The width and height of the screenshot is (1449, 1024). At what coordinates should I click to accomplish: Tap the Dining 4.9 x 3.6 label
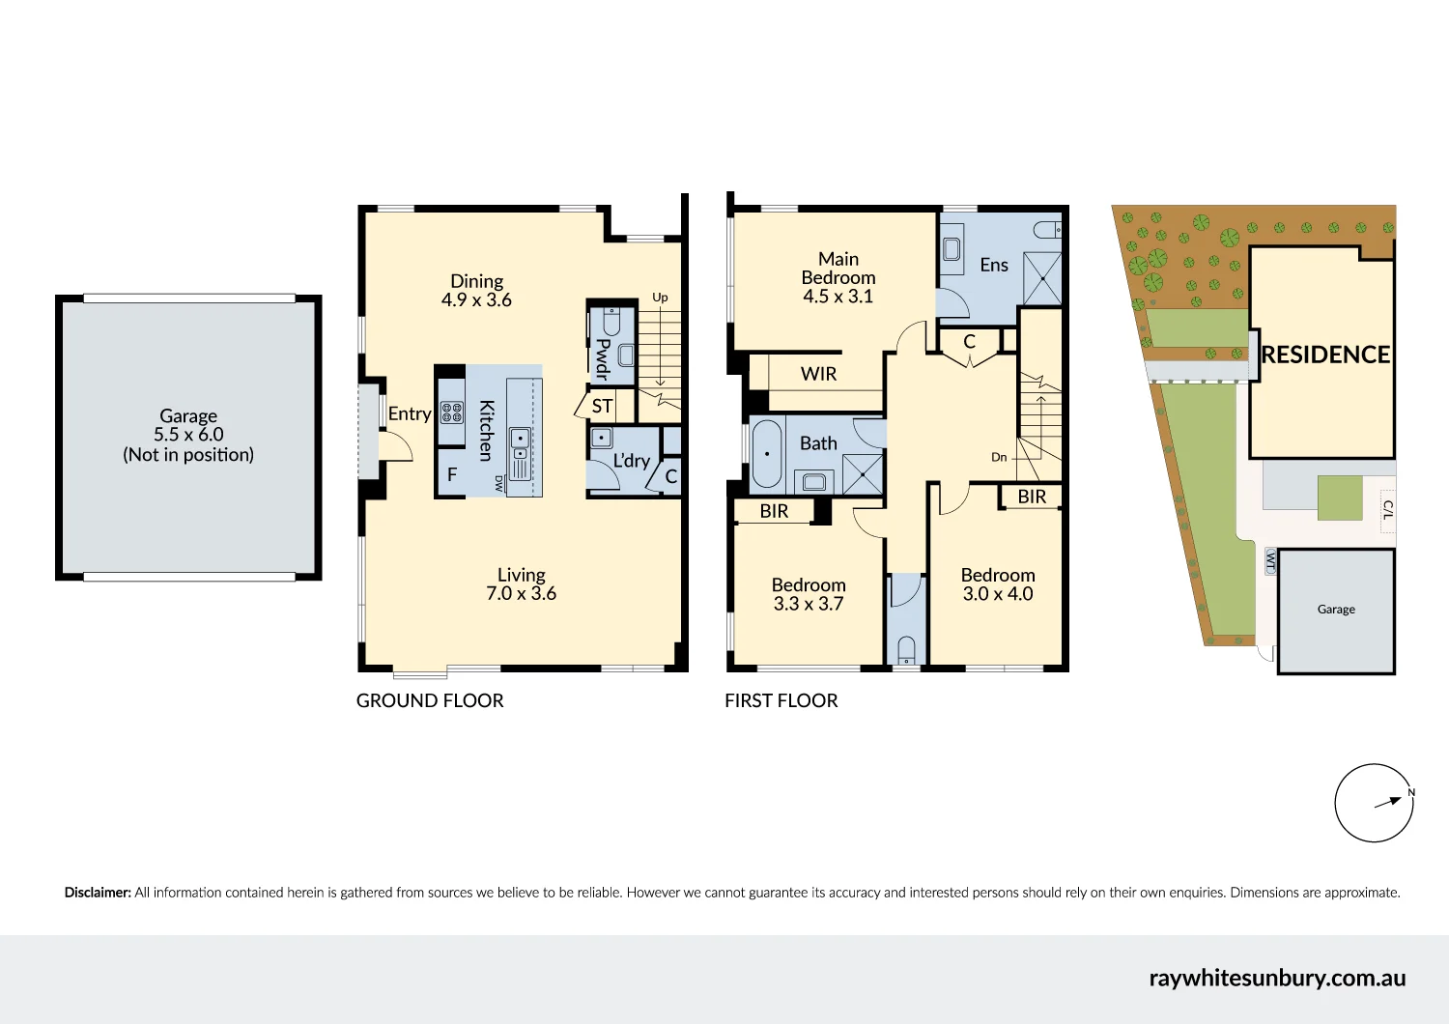(x=477, y=291)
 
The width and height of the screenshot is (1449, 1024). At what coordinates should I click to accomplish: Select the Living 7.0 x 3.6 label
(x=522, y=584)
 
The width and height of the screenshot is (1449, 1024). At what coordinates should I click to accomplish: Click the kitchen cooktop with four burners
(x=451, y=412)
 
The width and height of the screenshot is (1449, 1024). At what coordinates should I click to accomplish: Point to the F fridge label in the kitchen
(x=452, y=474)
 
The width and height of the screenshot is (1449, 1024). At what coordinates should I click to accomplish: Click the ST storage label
(x=602, y=407)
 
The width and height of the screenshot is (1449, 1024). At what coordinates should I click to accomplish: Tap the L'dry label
(x=632, y=461)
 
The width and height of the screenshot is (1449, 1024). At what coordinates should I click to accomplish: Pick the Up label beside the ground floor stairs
(x=660, y=298)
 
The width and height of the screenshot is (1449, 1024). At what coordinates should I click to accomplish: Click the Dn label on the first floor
(x=999, y=457)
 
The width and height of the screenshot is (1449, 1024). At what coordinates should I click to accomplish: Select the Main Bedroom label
(x=838, y=277)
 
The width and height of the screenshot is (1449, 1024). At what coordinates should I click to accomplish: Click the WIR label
(x=818, y=374)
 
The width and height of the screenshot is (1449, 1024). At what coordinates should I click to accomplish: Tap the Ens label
(x=994, y=265)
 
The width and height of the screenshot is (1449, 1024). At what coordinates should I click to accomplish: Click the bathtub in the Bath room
(x=767, y=453)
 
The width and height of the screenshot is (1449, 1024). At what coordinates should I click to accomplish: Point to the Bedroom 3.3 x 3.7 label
(x=809, y=594)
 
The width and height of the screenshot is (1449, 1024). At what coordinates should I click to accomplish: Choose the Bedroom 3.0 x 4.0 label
(x=998, y=584)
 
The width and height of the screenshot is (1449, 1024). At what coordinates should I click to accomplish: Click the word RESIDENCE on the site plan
(x=1325, y=355)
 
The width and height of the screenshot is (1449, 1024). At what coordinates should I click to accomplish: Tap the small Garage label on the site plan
(x=1336, y=609)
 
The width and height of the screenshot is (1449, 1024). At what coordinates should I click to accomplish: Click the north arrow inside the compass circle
(x=1387, y=802)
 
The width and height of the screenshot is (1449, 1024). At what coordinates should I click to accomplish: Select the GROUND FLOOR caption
(x=430, y=700)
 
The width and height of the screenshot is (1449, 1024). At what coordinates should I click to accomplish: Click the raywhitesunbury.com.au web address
(x=1277, y=978)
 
